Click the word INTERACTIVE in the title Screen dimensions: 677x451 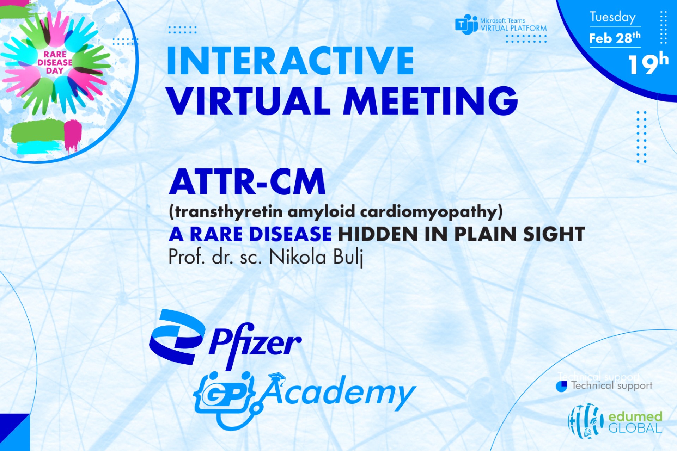coord(291,61)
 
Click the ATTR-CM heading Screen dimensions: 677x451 coord(247,182)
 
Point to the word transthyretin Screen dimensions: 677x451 coord(229,212)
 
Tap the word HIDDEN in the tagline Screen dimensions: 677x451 coord(378,234)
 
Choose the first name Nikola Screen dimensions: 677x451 coord(298,257)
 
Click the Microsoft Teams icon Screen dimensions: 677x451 coord(466,24)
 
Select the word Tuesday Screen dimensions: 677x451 coord(613,17)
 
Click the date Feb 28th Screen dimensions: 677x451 coord(615,37)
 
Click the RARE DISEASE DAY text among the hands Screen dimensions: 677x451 coord(55,62)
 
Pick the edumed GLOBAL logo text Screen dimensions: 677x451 coord(635,422)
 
